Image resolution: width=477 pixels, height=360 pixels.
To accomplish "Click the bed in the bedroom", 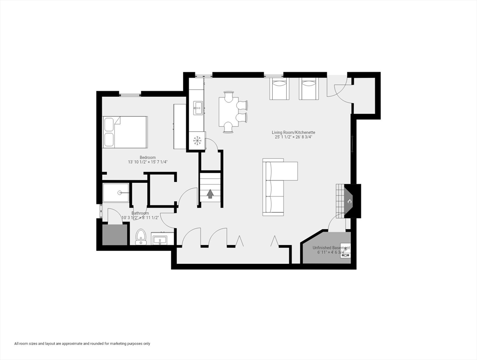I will [125, 132].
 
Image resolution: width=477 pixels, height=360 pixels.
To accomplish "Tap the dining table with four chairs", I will [228, 112].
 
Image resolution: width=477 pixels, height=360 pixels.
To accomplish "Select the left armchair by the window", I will [279, 89].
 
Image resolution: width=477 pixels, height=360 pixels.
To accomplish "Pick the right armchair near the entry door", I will [309, 89].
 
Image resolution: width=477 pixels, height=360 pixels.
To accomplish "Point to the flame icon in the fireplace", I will [349, 201].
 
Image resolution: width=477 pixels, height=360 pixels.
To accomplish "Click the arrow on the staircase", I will [210, 194].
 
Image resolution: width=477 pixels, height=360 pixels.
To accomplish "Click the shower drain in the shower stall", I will [120, 193].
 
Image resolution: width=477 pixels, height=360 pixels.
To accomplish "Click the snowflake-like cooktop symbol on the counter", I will [197, 140].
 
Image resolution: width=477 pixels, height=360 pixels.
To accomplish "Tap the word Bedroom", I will [148, 157].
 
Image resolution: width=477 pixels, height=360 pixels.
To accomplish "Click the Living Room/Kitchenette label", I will [295, 133].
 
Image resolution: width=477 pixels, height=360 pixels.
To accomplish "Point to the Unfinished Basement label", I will [331, 247].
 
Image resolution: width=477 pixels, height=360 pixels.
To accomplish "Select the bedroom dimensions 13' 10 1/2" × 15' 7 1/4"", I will [148, 162].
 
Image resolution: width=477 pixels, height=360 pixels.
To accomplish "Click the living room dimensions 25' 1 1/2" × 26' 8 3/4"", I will [293, 137].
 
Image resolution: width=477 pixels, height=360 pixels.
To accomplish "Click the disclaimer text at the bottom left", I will [82, 344].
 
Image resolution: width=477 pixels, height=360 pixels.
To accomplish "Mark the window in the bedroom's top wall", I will [130, 95].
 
